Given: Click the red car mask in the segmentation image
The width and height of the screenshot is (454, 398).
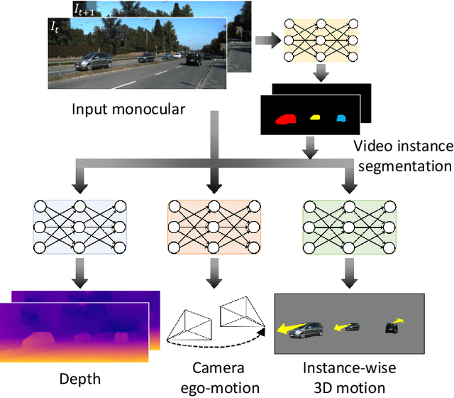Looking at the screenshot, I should tap(287, 119).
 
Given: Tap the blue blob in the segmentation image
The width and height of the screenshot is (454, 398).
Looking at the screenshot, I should tap(341, 117).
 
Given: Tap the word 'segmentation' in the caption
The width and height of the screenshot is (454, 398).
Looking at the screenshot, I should tap(403, 166).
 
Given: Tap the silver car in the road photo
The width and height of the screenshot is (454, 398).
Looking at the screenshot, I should tap(96, 60).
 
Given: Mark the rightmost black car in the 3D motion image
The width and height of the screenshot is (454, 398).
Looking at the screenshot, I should tap(392, 328).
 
